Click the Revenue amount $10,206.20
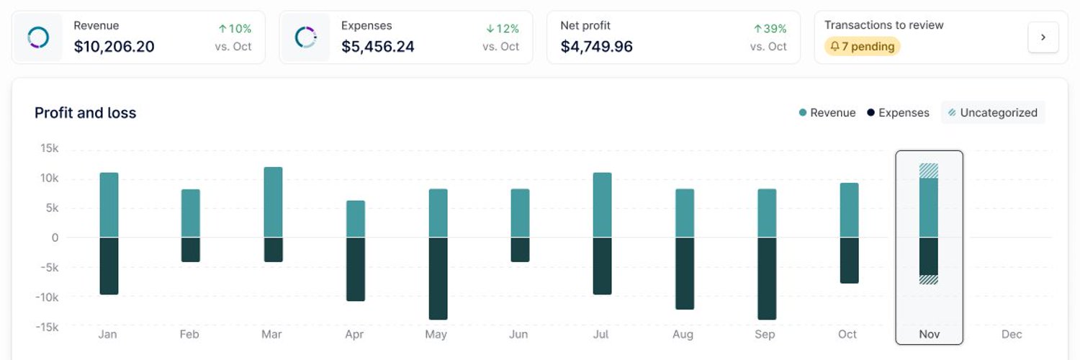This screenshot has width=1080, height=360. click(114, 46)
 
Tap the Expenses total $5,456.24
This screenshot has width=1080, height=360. click(377, 46)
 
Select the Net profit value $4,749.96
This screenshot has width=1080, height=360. click(596, 46)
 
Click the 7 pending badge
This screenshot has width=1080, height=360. click(862, 46)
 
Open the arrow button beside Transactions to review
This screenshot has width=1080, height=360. click(1043, 37)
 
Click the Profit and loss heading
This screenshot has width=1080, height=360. click(86, 113)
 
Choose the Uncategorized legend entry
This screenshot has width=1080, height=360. click(993, 113)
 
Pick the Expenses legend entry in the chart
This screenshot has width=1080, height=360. click(898, 113)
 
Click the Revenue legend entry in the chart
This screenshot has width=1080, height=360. click(827, 113)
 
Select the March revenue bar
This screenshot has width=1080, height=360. click(274, 202)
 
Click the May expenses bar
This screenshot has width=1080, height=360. click(438, 278)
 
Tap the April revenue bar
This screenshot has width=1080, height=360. click(356, 219)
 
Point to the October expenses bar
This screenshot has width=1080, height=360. click(849, 260)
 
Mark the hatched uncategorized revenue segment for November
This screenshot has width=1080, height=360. click(929, 171)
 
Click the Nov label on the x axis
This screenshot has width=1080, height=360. click(929, 334)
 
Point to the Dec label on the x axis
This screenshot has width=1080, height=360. click(1012, 334)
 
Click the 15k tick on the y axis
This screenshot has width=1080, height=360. click(50, 148)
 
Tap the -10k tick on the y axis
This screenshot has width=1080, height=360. click(47, 297)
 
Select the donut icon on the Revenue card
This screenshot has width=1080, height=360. click(38, 37)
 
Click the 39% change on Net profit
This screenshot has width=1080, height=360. click(770, 29)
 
